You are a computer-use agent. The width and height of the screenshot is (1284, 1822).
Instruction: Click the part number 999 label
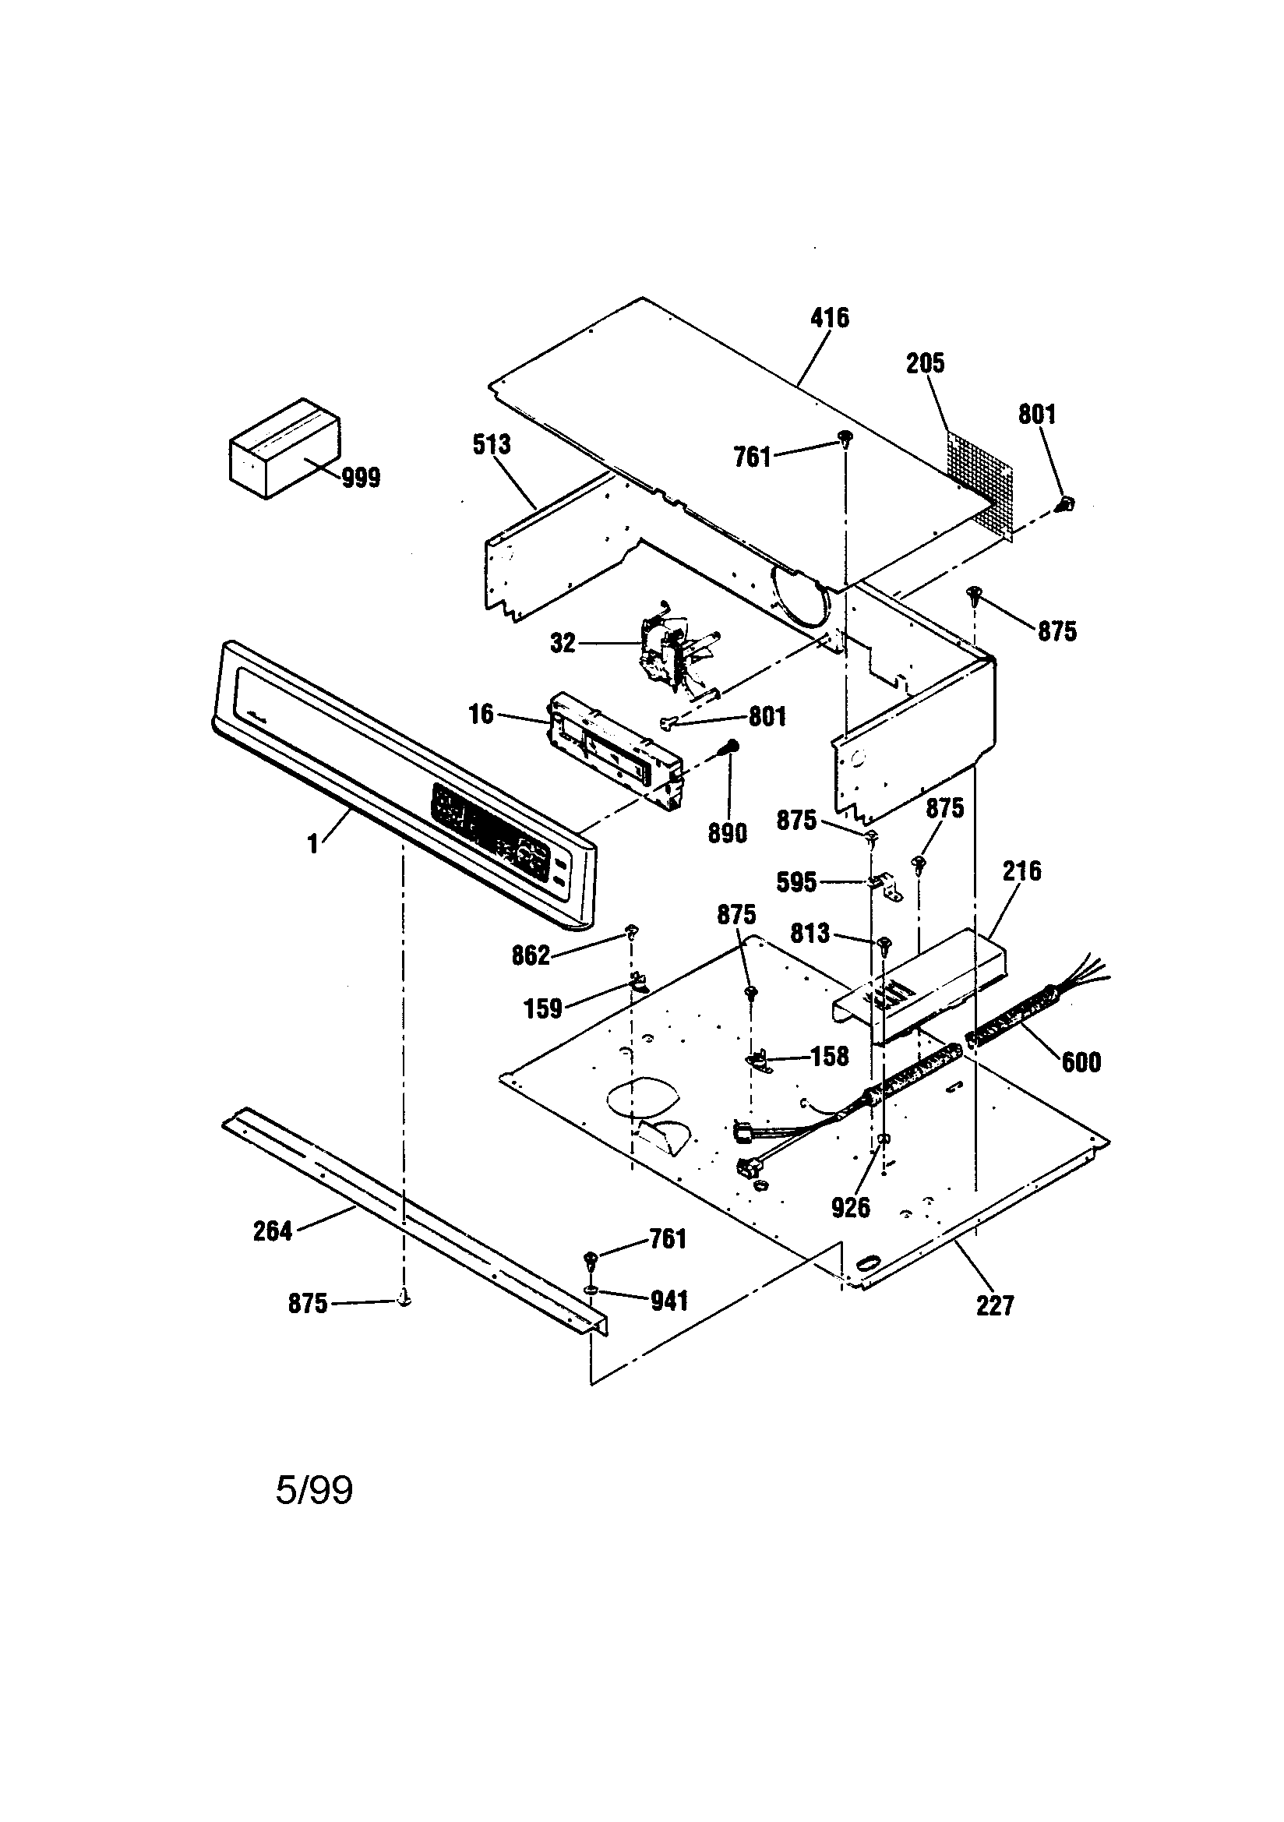pos(361,478)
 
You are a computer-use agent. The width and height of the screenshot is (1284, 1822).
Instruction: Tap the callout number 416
pos(829,318)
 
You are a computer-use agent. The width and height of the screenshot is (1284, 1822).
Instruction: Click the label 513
pos(491,444)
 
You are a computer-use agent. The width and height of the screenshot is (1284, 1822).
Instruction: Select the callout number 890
pos(727,833)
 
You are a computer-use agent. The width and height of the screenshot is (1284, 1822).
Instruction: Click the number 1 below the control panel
pos(313,844)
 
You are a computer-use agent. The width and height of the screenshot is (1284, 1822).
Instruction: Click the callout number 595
pos(796,882)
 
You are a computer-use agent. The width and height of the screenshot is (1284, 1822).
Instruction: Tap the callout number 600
pos(1081,1061)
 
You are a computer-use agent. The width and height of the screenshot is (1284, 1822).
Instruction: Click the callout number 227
pos(994,1305)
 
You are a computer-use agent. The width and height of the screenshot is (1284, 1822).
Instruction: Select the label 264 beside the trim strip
pos(272,1231)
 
